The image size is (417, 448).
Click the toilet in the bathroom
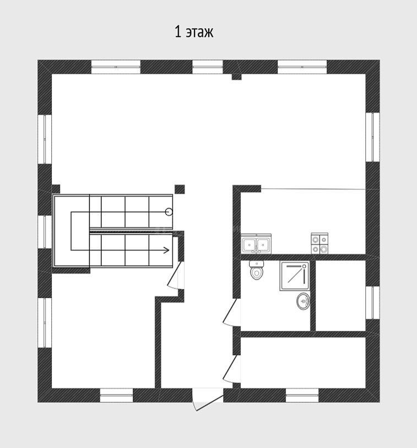[x=257, y=270]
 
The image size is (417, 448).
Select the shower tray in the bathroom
[x=295, y=276]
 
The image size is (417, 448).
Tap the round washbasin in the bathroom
[x=303, y=301]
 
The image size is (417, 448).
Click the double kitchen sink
[x=256, y=244]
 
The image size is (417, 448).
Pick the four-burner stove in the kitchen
[x=319, y=243]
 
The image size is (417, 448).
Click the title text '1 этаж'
[x=194, y=32]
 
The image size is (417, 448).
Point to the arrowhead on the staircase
[x=166, y=250]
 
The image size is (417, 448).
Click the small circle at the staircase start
[x=169, y=212]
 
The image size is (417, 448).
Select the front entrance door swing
[x=207, y=400]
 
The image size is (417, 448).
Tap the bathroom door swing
[x=232, y=312]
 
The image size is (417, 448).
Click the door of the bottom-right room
[x=232, y=369]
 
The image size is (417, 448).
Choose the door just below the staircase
[x=176, y=275]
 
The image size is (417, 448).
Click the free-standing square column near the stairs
[x=180, y=189]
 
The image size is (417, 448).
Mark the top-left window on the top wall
[x=116, y=67]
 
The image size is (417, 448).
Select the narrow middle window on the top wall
[x=207, y=67]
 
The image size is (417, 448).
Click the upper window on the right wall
[x=373, y=137]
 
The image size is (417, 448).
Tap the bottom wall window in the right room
[x=302, y=395]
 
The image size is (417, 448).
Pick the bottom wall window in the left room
[x=116, y=395]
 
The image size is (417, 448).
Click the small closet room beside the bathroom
[x=340, y=296]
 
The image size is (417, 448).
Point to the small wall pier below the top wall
[x=236, y=77]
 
